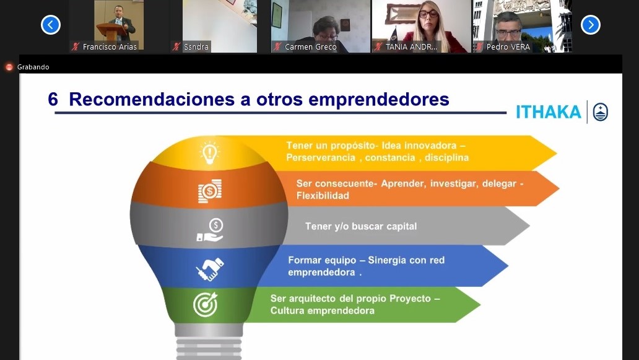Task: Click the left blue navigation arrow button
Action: [x=51, y=25]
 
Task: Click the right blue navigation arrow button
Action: [x=591, y=25]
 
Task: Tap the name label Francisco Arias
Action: [x=110, y=47]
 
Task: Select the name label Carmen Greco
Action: [x=311, y=47]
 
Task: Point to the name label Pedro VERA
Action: [x=508, y=47]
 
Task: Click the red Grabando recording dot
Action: [x=9, y=67]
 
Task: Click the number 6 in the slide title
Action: [x=53, y=99]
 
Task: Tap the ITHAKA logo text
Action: [x=549, y=112]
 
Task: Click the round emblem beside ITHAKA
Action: [x=600, y=112]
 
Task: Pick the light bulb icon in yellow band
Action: [x=210, y=153]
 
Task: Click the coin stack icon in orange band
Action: [x=210, y=191]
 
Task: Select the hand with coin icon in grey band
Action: [x=210, y=230]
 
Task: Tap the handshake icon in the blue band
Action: [x=210, y=269]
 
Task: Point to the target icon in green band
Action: [x=206, y=305]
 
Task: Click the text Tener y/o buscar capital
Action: [x=361, y=226]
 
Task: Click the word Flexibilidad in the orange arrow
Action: [x=323, y=196]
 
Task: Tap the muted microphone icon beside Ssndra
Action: [x=176, y=47]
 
